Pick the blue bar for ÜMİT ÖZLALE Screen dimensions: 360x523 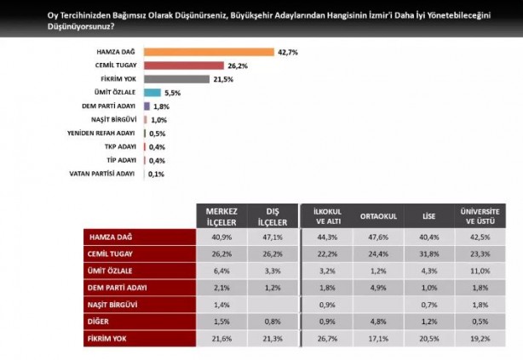pos(152,93)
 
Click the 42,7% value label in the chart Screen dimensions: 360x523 pos(287,52)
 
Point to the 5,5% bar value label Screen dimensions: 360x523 pos(171,93)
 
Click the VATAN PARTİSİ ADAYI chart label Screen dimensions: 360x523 pos(102,174)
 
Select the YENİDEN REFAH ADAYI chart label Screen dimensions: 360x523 pos(101,134)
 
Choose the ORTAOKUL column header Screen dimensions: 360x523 pos(377,216)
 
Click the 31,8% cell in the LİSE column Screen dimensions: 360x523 pos(428,253)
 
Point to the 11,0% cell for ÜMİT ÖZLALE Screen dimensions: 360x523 pos(480,270)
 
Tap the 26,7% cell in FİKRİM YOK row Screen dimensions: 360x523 pos(327,339)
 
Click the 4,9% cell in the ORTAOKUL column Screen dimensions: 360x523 pos(377,287)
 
